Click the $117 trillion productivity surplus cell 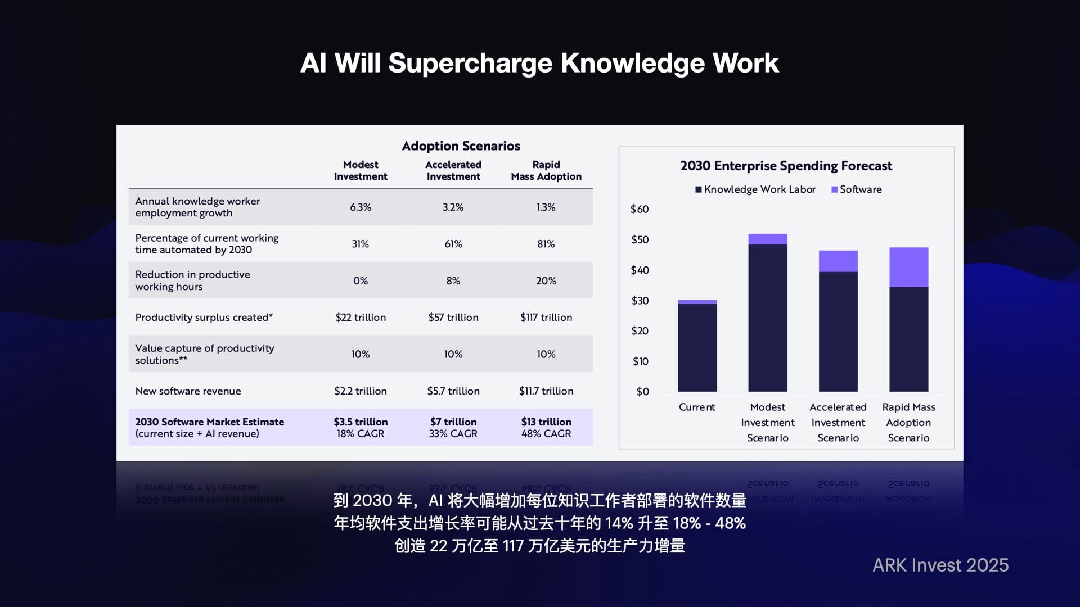click(546, 318)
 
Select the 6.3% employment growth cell click(361, 207)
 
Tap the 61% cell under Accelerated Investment click(453, 244)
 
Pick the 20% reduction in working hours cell click(546, 280)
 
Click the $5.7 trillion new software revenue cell click(453, 391)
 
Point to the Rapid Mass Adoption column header click(546, 170)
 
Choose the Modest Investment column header click(361, 170)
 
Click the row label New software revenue click(188, 391)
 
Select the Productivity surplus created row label click(204, 318)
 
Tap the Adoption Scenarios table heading click(461, 146)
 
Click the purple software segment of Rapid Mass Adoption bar click(908, 268)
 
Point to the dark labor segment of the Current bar click(697, 348)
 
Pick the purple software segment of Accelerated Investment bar click(838, 261)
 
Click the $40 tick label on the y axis click(640, 270)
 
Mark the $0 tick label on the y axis click(642, 392)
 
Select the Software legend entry click(857, 189)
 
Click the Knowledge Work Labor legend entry click(755, 189)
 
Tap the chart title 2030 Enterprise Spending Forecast click(786, 166)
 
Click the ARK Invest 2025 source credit click(940, 565)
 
